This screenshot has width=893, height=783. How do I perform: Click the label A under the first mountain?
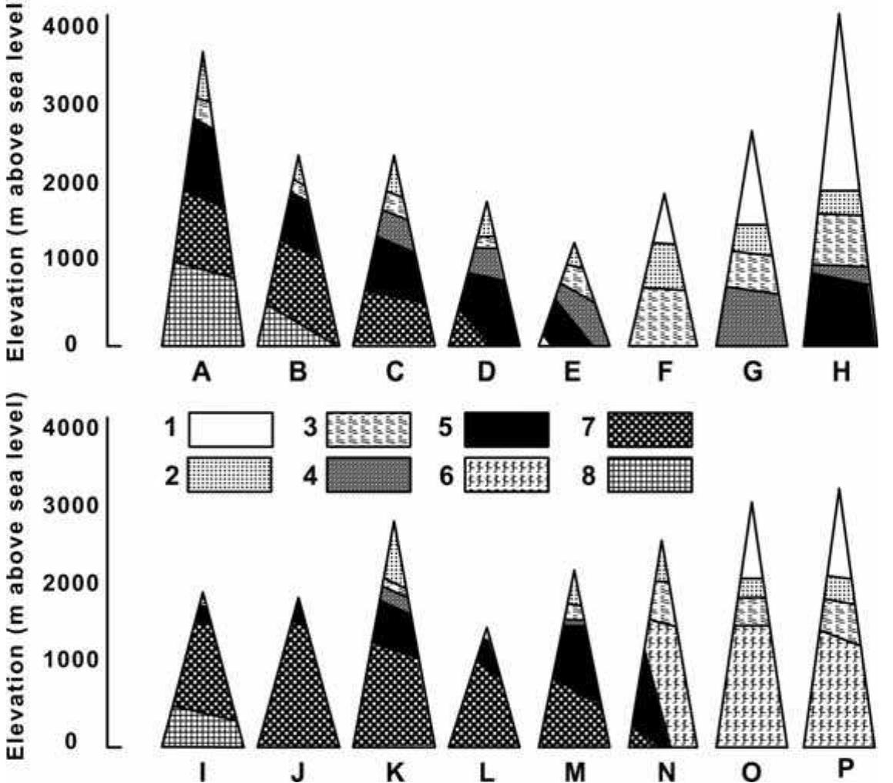(202, 372)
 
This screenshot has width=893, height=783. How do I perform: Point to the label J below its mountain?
(298, 771)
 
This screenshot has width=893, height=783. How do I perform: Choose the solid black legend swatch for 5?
(506, 429)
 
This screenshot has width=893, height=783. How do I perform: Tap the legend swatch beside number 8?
(650, 474)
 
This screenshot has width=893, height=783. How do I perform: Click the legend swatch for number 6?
(506, 474)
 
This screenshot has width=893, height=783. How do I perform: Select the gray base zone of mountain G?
(752, 318)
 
